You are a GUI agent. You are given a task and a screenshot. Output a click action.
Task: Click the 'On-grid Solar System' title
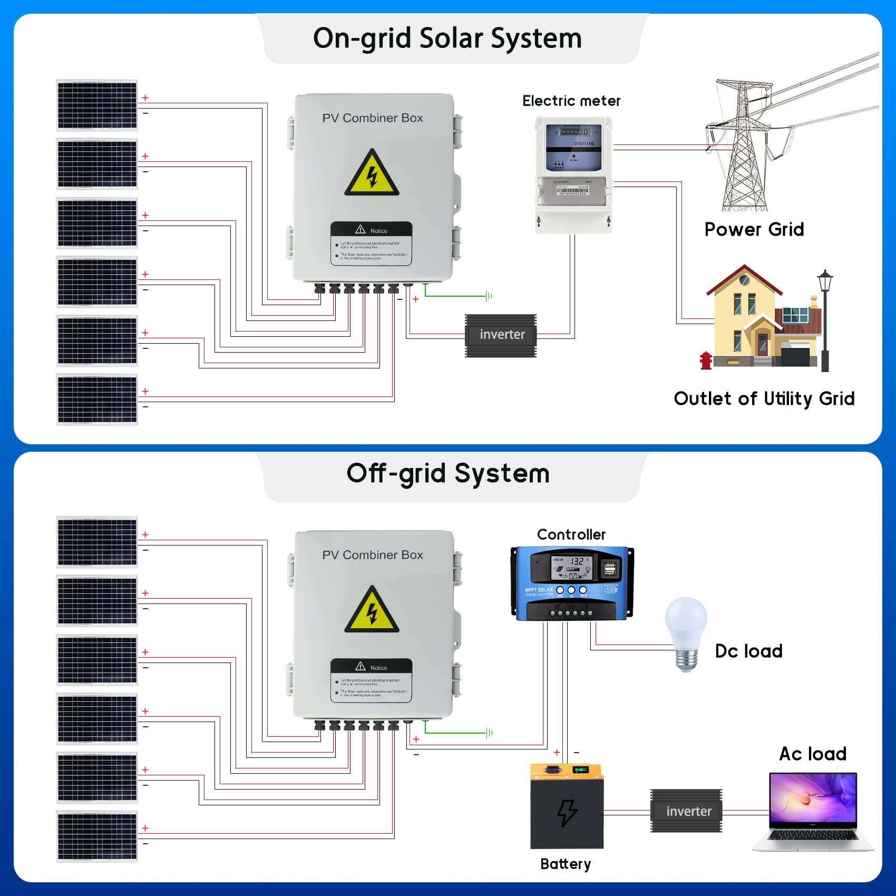(x=447, y=38)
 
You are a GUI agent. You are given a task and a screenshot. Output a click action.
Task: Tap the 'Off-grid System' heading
(x=448, y=473)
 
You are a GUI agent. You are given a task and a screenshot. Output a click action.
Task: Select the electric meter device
(x=573, y=174)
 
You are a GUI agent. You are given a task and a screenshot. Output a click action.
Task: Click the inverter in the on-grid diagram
(x=501, y=335)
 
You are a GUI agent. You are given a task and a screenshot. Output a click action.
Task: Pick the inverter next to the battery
(x=686, y=811)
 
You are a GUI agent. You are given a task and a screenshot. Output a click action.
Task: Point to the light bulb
(x=686, y=632)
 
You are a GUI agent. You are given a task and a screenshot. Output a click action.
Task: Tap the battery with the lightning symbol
(x=567, y=806)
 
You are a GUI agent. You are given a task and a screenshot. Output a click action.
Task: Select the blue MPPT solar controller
(x=572, y=583)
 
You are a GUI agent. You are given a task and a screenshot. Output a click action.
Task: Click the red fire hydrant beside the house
(x=706, y=361)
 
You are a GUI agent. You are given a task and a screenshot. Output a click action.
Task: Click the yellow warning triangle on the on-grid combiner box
(x=372, y=174)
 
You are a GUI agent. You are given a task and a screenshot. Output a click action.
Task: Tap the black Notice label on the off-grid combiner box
(x=372, y=680)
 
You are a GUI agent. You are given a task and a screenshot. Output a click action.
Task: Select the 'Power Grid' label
(x=754, y=229)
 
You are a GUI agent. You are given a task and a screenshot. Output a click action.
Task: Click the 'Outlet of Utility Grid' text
(x=764, y=398)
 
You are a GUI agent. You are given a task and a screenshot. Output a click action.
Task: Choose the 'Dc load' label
(x=748, y=651)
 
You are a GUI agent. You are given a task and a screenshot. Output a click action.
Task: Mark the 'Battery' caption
(x=566, y=864)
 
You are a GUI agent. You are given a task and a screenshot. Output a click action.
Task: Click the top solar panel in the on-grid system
(x=97, y=105)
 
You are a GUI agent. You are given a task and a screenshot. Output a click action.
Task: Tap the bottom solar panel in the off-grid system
(x=97, y=836)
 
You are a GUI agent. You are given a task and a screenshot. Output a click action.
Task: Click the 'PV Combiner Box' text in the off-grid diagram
(x=373, y=555)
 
